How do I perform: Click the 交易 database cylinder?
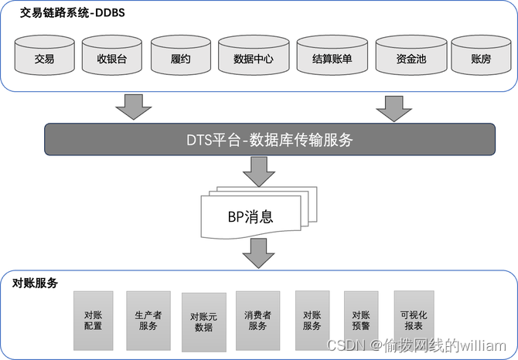point(44,57)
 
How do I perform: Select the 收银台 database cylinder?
point(111,57)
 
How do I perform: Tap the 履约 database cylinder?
point(180,57)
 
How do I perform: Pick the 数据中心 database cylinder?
point(253,57)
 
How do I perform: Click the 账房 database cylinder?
point(481,57)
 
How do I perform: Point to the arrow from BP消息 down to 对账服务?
point(258,252)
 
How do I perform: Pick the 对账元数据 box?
point(203,322)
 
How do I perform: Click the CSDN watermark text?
point(416,345)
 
